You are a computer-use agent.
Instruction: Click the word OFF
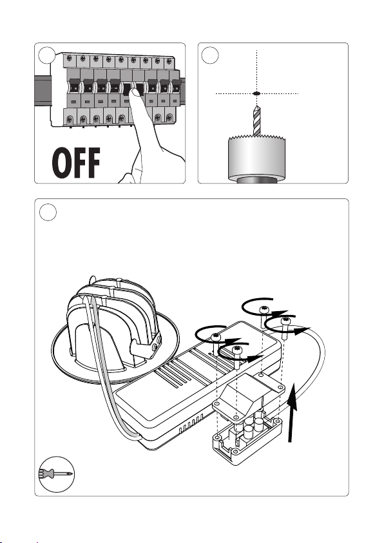tap(76, 163)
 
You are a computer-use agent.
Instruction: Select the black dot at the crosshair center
tap(256, 93)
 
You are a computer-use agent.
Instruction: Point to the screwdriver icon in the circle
tap(56, 473)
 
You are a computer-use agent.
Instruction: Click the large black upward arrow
tap(293, 412)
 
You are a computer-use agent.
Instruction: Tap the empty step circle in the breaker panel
tap(47, 55)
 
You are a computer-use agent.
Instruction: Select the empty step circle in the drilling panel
tap(210, 55)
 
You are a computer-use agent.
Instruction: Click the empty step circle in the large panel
tap(48, 212)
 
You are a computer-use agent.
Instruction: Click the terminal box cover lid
tap(249, 395)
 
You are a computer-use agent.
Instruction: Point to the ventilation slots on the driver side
tap(191, 424)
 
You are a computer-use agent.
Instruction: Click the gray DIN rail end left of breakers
tap(43, 91)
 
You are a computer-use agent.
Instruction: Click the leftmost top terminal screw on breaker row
tap(70, 59)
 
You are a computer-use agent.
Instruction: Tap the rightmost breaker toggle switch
tap(176, 86)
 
